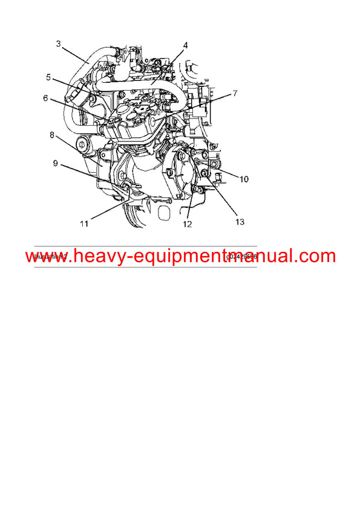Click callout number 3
click(58, 43)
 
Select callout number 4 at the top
click(186, 45)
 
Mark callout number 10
click(243, 179)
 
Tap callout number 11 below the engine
click(83, 224)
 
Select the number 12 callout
click(188, 224)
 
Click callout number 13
click(240, 222)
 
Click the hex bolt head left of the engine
click(82, 145)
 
